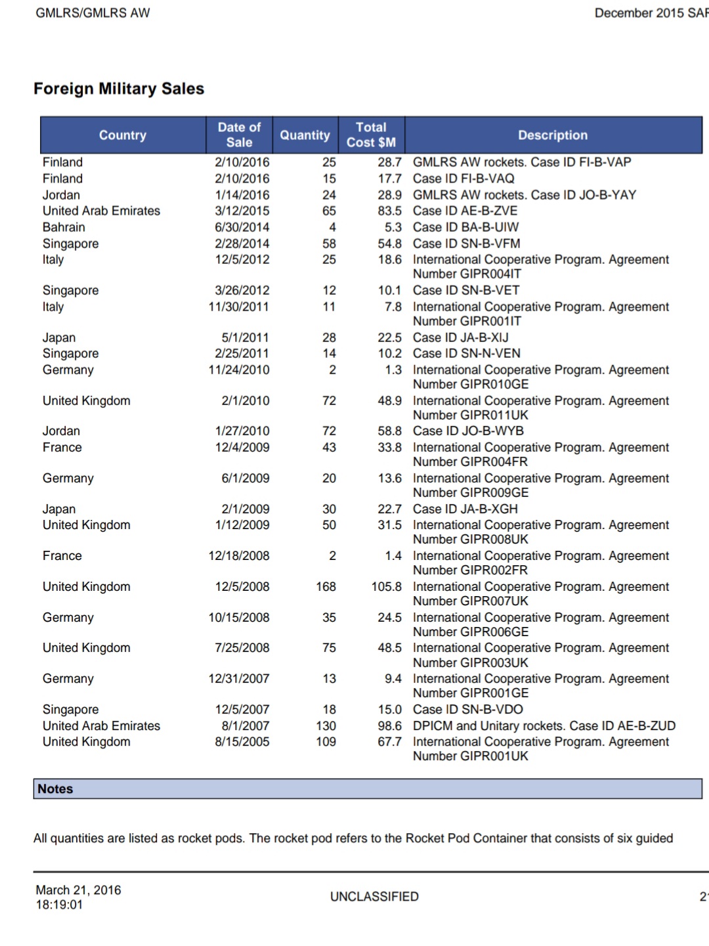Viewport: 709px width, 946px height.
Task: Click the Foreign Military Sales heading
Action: (x=119, y=89)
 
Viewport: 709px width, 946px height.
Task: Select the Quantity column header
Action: (x=305, y=135)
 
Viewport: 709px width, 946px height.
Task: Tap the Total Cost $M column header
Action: (x=371, y=135)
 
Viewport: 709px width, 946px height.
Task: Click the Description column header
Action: (x=553, y=135)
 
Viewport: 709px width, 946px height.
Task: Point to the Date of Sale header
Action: (x=239, y=135)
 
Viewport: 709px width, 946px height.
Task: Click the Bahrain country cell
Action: (x=64, y=227)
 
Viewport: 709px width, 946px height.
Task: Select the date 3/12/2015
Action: (x=242, y=211)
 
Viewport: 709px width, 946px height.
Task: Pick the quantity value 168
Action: (x=326, y=586)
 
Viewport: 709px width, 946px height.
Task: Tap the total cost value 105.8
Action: (x=386, y=586)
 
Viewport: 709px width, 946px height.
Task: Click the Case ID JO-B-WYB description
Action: (x=468, y=431)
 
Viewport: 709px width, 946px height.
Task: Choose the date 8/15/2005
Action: (x=242, y=741)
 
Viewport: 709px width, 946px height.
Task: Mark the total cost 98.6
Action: (x=389, y=725)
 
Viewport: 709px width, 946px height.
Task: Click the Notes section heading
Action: (x=56, y=789)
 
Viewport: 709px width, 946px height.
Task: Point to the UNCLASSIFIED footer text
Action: (x=374, y=897)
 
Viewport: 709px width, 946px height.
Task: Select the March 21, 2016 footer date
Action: (x=78, y=890)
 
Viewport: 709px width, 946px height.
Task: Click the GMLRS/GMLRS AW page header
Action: (x=93, y=13)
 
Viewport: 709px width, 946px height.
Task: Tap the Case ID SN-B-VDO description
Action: (x=468, y=709)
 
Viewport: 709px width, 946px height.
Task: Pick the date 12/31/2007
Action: (x=239, y=678)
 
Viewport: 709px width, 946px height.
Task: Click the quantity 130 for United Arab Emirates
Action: (x=326, y=725)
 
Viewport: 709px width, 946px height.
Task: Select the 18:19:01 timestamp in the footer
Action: (x=59, y=905)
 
